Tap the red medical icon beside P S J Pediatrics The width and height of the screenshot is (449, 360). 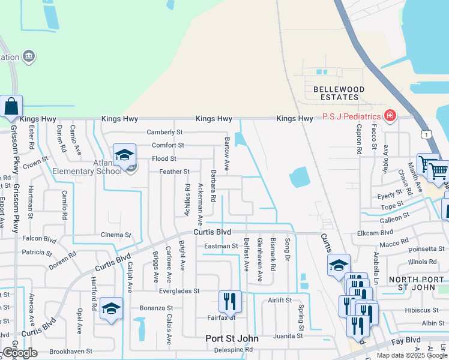(391, 115)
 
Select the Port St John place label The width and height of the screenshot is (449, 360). (232, 338)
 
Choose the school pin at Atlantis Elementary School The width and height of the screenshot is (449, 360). (124, 155)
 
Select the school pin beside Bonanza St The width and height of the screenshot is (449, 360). (111, 308)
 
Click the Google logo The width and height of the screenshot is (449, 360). (19, 353)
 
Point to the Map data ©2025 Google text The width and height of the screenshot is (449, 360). (411, 355)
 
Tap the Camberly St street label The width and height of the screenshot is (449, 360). (164, 132)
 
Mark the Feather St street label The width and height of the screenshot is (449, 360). (174, 172)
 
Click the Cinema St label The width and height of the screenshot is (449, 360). (116, 235)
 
